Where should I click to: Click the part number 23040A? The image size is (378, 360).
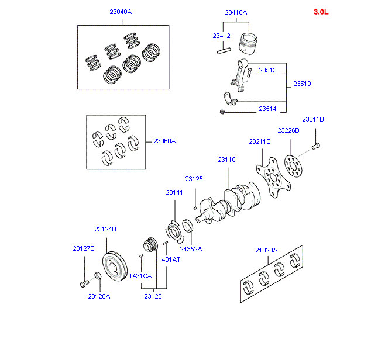(x=121, y=11)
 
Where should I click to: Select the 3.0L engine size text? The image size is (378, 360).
(x=321, y=12)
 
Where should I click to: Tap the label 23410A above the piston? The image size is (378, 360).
(x=236, y=12)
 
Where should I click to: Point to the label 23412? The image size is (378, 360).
(x=221, y=36)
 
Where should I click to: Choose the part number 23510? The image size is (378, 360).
(x=302, y=84)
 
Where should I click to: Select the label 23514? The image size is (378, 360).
(x=267, y=109)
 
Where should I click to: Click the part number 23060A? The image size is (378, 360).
(x=164, y=141)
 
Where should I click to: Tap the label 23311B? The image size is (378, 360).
(x=313, y=119)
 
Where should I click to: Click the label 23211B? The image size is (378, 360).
(x=259, y=141)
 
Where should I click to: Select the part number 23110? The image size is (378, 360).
(x=226, y=159)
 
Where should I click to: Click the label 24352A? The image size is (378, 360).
(x=191, y=248)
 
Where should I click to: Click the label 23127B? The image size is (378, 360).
(x=84, y=248)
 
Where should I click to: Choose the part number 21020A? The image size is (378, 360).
(x=266, y=250)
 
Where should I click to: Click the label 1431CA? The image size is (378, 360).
(x=140, y=275)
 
